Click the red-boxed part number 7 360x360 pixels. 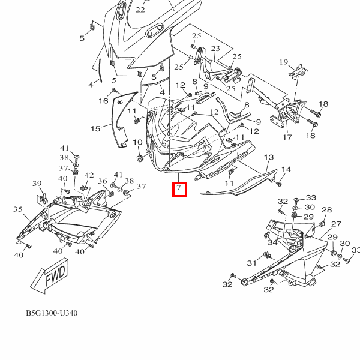(179, 190)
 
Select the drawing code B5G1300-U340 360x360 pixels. (52, 314)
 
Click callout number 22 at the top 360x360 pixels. (140, 10)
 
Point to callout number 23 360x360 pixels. (215, 49)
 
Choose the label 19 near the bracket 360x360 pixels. (284, 62)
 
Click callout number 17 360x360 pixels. (287, 137)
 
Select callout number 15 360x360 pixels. (95, 128)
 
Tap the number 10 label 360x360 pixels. (137, 143)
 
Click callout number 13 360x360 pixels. (268, 157)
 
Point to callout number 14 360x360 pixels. (286, 170)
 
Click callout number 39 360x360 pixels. (37, 184)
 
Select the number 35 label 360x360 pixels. (18, 209)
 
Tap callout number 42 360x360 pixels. (89, 175)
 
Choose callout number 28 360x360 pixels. (326, 210)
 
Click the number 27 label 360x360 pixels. (336, 223)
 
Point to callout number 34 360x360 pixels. (272, 242)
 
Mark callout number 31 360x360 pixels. (251, 262)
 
